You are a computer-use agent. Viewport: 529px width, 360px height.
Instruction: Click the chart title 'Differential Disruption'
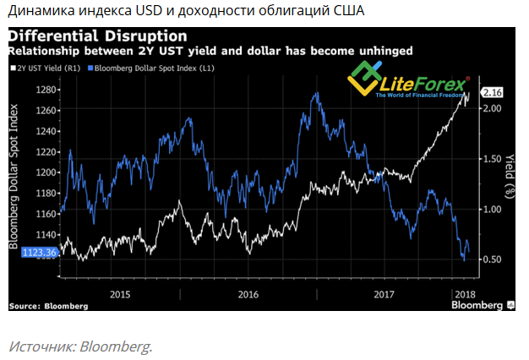click(98, 36)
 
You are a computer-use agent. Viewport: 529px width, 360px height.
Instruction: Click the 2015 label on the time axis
click(120, 294)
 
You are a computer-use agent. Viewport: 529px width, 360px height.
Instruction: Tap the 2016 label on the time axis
click(248, 294)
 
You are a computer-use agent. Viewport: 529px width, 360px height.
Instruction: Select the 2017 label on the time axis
click(384, 294)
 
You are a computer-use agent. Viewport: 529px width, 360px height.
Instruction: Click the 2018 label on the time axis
click(465, 294)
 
